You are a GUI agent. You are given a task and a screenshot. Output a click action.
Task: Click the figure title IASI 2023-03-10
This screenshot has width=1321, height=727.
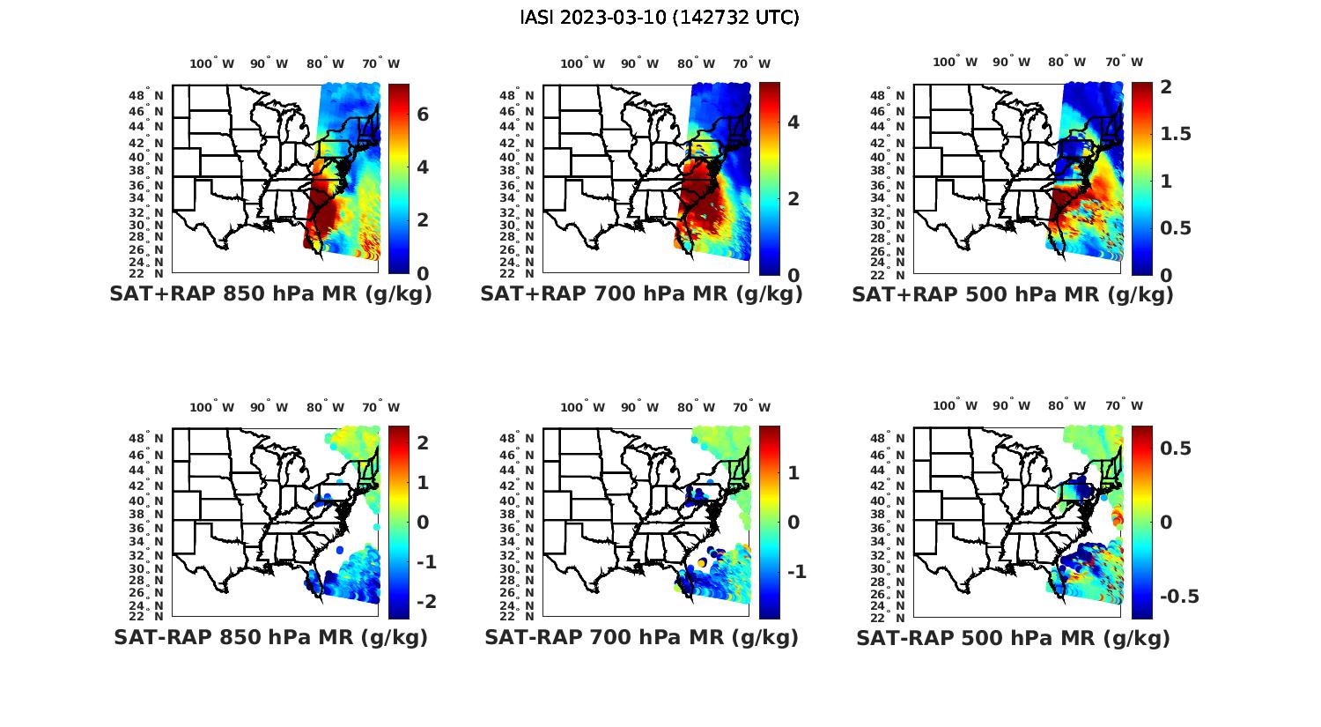(x=660, y=18)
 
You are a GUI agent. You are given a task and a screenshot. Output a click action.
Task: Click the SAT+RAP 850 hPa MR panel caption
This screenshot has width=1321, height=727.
(x=270, y=294)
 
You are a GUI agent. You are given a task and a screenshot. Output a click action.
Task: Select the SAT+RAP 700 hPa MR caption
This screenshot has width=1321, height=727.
(x=641, y=294)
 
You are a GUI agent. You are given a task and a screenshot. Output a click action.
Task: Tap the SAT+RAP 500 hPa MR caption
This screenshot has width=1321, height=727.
(x=1012, y=294)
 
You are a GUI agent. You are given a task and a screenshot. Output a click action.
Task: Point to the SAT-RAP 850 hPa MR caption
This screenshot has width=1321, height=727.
(x=270, y=637)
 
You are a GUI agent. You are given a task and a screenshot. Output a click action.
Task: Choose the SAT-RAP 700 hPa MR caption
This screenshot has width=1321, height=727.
(x=641, y=637)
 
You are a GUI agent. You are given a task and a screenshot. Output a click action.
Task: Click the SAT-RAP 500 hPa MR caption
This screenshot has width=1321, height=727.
(x=1013, y=637)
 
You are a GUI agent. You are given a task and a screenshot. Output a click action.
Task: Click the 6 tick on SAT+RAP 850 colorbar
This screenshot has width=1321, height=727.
(x=423, y=115)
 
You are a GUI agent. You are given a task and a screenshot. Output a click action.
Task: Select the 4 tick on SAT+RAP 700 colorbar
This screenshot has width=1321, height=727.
(x=793, y=122)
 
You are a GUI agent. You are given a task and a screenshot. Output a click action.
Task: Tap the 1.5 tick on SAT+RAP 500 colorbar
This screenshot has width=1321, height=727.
(x=1176, y=134)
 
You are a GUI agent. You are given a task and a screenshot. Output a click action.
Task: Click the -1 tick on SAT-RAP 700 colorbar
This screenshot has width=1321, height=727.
(x=796, y=572)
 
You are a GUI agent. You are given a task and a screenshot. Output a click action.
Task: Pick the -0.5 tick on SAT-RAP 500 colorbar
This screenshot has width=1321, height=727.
(x=1179, y=597)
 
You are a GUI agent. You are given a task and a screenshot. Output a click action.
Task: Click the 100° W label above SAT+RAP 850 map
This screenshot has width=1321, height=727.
(x=212, y=63)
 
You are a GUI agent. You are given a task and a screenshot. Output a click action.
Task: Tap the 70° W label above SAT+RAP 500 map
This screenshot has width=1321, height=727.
(x=1124, y=62)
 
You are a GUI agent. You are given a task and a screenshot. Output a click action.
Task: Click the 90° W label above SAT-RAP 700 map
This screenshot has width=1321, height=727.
(x=639, y=407)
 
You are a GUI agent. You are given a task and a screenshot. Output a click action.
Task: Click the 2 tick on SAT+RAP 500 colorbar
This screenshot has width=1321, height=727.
(x=1165, y=86)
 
